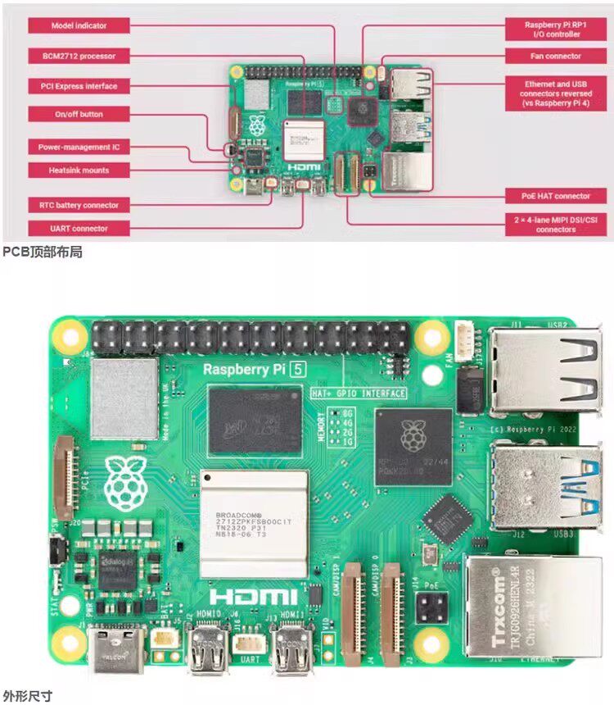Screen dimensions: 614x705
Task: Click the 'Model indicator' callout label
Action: (79, 25)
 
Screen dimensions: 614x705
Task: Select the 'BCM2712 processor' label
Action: (79, 56)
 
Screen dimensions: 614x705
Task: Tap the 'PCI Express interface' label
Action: (79, 86)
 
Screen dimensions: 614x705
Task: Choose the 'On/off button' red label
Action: (79, 114)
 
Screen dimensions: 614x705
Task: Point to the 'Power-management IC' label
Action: (79, 148)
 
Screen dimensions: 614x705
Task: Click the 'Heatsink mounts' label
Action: (79, 170)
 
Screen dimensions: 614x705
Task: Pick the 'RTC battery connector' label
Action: (79, 205)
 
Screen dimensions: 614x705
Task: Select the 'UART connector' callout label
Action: (79, 228)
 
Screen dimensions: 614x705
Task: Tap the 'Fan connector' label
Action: (555, 56)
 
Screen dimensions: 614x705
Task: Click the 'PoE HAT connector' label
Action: (555, 196)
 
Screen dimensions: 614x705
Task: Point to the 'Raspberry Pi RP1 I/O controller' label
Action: (555, 30)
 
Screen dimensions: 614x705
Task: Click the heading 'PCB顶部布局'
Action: (42, 252)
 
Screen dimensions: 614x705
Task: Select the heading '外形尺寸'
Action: (27, 695)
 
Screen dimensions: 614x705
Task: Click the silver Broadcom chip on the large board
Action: (254, 522)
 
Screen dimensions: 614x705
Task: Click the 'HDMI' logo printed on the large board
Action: (254, 596)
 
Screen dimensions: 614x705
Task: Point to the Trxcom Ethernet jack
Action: (532, 607)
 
